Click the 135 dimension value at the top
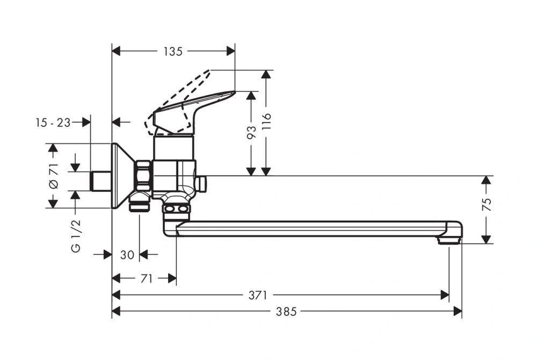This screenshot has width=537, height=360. click(x=173, y=52)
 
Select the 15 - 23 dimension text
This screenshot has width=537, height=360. click(x=53, y=123)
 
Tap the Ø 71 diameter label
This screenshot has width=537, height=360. click(x=53, y=176)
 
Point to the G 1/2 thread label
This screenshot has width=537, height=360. click(x=76, y=235)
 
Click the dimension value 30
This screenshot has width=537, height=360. click(x=127, y=255)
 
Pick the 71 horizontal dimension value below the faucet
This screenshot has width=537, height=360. click(x=147, y=278)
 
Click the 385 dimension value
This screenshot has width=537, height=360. click(x=287, y=312)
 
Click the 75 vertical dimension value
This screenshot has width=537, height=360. click(x=487, y=204)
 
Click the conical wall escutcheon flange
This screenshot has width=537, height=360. click(x=121, y=176)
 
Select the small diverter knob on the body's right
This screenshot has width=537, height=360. click(x=201, y=184)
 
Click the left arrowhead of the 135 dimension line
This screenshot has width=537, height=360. click(x=115, y=51)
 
